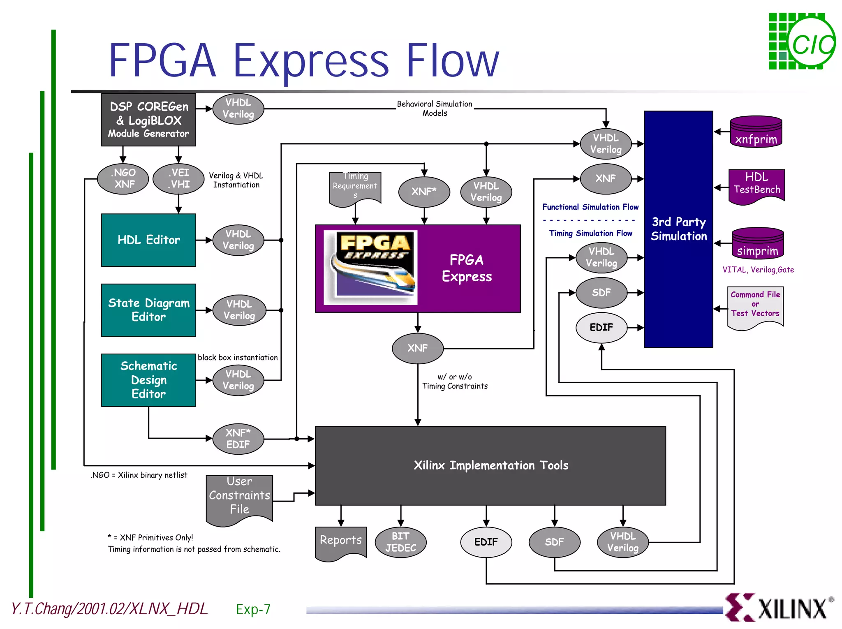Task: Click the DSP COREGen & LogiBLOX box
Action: pos(148,120)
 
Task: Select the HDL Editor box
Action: pos(148,240)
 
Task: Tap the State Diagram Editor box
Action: pos(148,310)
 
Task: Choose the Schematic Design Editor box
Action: pos(148,380)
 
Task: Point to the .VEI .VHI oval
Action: pos(178,178)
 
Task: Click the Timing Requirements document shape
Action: pos(355,187)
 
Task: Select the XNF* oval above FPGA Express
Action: pos(424,192)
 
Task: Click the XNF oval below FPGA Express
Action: pos(418,348)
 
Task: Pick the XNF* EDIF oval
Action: pos(238,439)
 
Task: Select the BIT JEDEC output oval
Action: pos(400,542)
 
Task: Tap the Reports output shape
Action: pos(340,542)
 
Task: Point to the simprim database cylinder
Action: pos(757,244)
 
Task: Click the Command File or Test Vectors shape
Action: pos(755,306)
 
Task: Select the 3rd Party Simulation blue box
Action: pos(678,229)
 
